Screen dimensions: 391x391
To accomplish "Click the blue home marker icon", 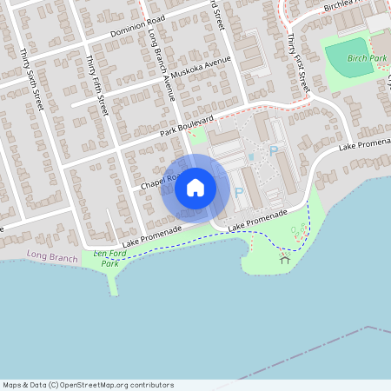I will point(195,188).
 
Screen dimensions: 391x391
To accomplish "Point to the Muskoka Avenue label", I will point(201,69).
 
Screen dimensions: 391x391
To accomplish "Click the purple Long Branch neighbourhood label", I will point(52,257).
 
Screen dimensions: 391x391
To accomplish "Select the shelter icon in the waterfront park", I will point(285,258).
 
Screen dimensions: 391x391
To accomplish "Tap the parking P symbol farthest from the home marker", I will point(274,151).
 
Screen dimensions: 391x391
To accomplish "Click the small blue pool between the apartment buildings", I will point(251,157).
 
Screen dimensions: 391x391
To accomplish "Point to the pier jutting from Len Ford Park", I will point(113,282).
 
